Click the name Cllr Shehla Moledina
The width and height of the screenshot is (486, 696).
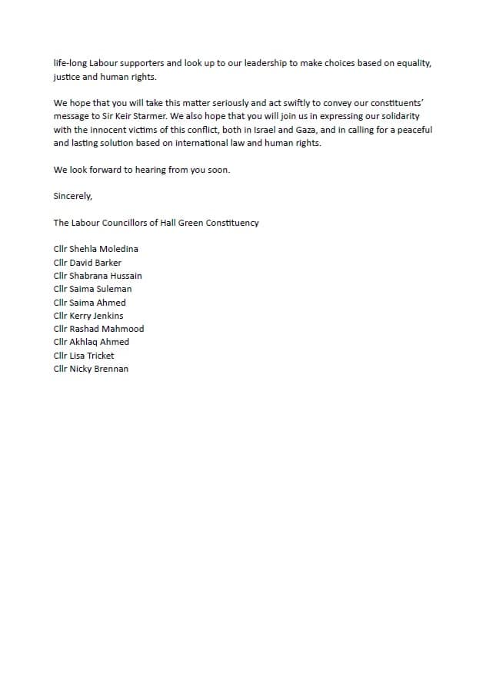coord(96,249)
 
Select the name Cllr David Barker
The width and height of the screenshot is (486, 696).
coord(88,263)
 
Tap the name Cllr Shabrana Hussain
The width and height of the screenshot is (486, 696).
coord(98,276)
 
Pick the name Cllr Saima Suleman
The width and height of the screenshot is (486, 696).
coord(92,289)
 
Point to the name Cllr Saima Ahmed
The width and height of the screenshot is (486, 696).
coord(90,303)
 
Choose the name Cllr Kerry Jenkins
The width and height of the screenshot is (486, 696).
coord(88,316)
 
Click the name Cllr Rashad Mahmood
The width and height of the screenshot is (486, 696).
coord(98,329)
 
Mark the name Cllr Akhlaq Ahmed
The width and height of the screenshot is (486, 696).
coord(92,342)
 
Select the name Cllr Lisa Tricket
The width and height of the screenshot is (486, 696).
coord(84,356)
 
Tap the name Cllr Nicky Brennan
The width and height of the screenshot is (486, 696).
coord(91,369)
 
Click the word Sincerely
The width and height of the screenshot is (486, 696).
coord(72,196)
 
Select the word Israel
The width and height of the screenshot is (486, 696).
coord(276,130)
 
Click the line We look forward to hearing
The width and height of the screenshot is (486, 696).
coord(141,170)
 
